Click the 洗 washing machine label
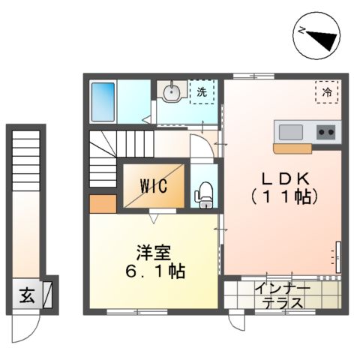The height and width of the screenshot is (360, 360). (202, 92)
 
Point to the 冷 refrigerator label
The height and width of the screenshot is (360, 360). (327, 91)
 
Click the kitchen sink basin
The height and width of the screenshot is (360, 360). (291, 132)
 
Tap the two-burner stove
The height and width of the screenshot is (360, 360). (326, 132)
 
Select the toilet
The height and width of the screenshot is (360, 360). (202, 194)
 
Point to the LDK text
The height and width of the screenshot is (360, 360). (283, 181)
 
